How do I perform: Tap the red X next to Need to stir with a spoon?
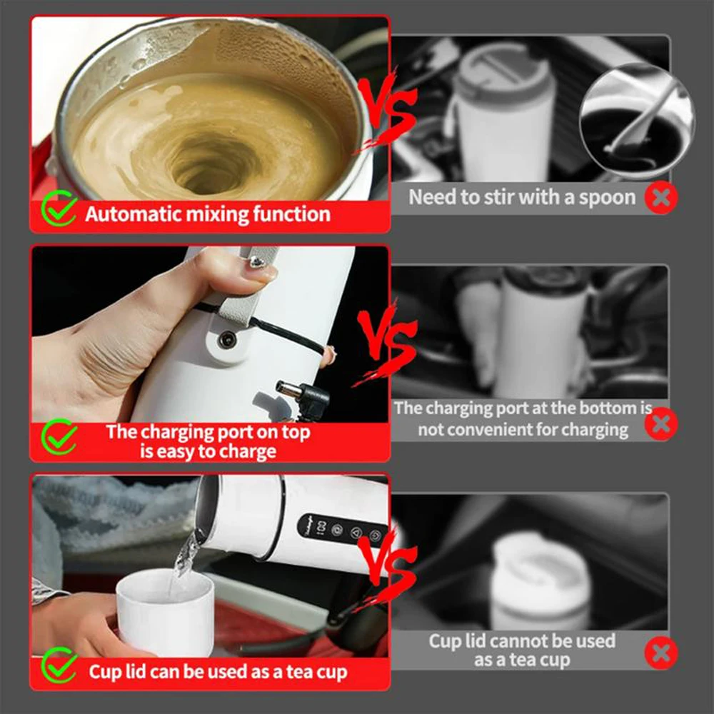pyautogui.click(x=661, y=198)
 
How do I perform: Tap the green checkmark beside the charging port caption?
pyautogui.click(x=59, y=437)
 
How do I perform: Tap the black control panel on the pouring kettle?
pyautogui.click(x=343, y=532)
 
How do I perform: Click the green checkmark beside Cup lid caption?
pyautogui.click(x=59, y=667)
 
